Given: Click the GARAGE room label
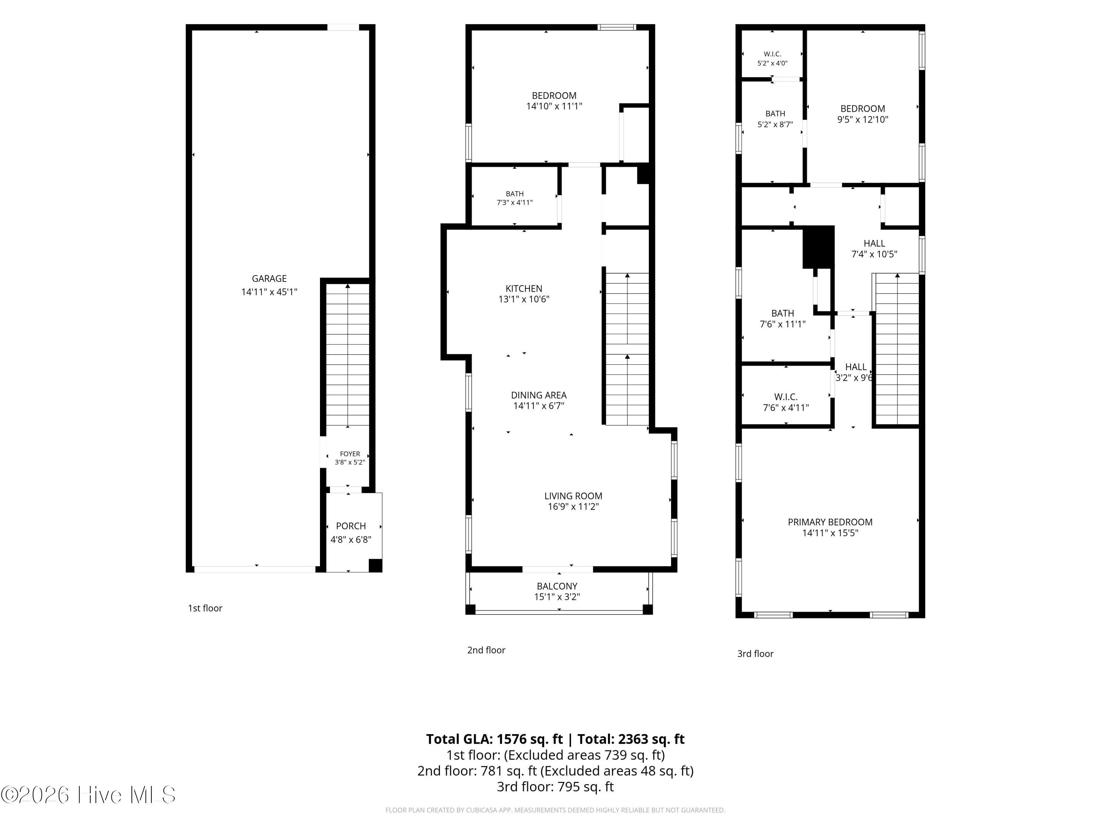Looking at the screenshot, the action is point(269,279).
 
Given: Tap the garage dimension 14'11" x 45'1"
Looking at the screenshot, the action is point(269,292).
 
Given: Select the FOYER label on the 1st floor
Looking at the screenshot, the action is point(350,454).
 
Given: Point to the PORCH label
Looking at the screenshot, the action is point(351,526).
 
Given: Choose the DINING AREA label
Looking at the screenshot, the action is point(539,395).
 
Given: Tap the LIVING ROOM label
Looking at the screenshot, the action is point(573,496).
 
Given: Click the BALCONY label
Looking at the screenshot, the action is point(557,586).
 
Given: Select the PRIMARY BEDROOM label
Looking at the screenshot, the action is point(830,522).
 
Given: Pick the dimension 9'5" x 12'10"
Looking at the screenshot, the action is point(863,120).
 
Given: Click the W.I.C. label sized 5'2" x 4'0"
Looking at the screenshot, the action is point(773,54).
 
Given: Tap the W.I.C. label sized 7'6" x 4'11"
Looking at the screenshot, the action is point(786,397).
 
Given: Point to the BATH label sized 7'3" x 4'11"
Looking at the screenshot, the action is point(515,194).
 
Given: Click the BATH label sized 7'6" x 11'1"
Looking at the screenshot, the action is point(783,313).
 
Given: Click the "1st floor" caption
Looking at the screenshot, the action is point(205,608).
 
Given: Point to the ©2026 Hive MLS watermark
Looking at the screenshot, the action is point(89,795).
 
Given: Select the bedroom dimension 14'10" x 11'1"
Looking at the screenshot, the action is point(554,106).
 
